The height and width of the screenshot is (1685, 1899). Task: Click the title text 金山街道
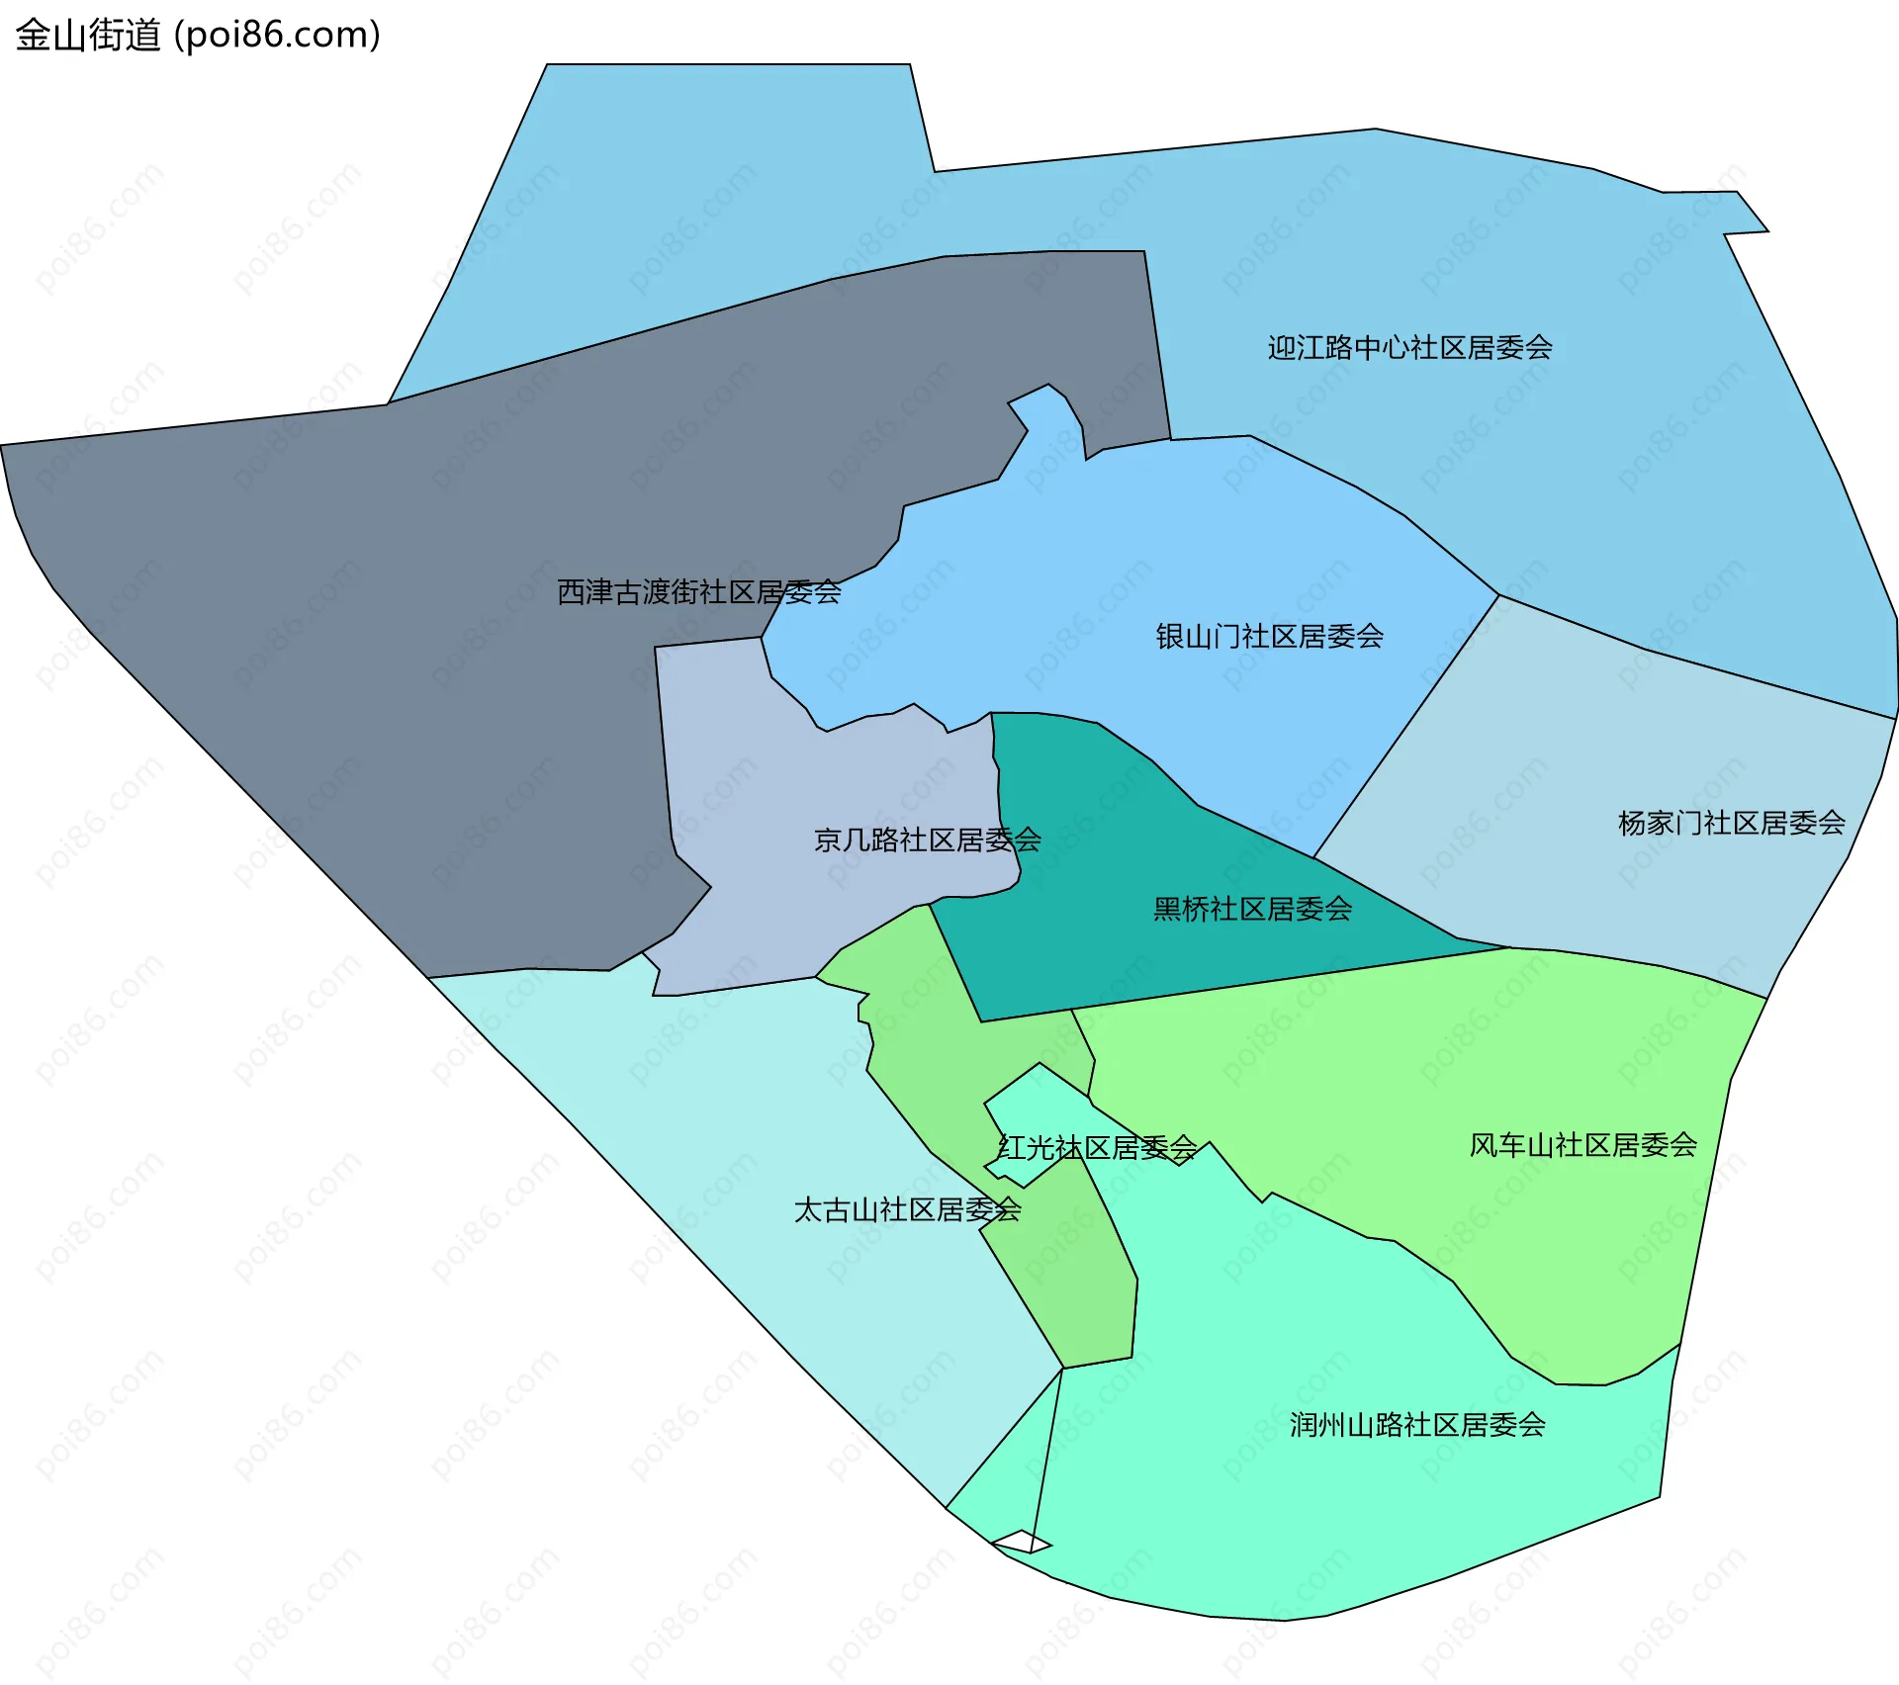tap(87, 36)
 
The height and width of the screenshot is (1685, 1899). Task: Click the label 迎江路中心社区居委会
tap(1409, 348)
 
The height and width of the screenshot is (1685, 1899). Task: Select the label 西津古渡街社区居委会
tap(698, 592)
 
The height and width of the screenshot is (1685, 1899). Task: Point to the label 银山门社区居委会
tap(1269, 637)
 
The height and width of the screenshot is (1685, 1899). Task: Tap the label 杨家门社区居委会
tap(1731, 823)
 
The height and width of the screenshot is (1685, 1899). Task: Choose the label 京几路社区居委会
tap(927, 841)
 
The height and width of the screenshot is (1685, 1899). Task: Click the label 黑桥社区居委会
tap(1252, 910)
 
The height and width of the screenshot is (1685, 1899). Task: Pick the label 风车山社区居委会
tap(1582, 1145)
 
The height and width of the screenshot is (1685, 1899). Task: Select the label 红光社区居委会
tap(1097, 1148)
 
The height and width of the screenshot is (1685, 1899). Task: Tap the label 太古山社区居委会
tap(907, 1210)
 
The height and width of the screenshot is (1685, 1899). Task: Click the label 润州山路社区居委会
tap(1416, 1425)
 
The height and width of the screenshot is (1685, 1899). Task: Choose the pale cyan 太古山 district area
tap(742, 1137)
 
